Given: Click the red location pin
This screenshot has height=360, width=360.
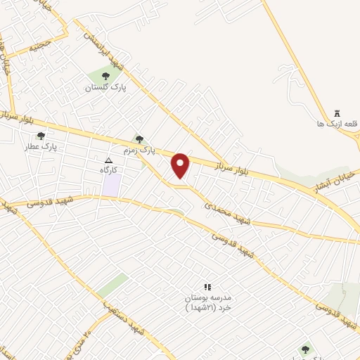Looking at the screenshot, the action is pos(181,165).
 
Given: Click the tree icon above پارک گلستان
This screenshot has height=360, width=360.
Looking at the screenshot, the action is pos(105,76).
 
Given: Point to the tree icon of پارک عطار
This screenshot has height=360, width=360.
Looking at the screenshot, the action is pos(41,136).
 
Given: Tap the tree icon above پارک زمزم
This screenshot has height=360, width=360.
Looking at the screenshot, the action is pos(139,139).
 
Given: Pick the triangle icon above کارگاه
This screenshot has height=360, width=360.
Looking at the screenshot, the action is pos(108,161).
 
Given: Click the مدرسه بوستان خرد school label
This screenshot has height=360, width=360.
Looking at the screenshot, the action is pos(208,303).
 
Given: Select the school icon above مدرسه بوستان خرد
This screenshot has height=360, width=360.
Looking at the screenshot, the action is pos(207,288).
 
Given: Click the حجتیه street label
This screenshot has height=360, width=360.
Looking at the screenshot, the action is pos(39,47).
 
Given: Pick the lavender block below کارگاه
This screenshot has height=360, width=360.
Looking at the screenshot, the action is pos(111,185).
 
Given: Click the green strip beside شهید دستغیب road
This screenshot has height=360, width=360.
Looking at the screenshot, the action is pos(112,285).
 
